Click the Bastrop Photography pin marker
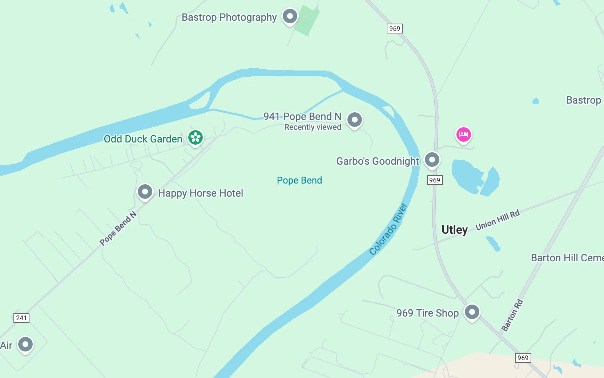click(290, 16)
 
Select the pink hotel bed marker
click(463, 134)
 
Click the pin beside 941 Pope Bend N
click(355, 120)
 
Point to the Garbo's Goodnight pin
click(432, 160)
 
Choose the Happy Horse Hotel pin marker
click(145, 191)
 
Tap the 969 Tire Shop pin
click(472, 312)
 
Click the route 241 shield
click(21, 318)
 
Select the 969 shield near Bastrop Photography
click(394, 29)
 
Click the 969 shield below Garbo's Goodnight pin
click(435, 180)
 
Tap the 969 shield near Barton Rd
click(523, 358)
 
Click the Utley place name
click(454, 230)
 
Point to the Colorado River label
click(388, 229)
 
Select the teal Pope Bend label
click(299, 180)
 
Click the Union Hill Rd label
click(498, 220)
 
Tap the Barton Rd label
click(512, 315)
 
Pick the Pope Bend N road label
click(118, 228)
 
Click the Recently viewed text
click(313, 127)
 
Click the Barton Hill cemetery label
click(567, 258)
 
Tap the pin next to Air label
click(25, 344)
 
